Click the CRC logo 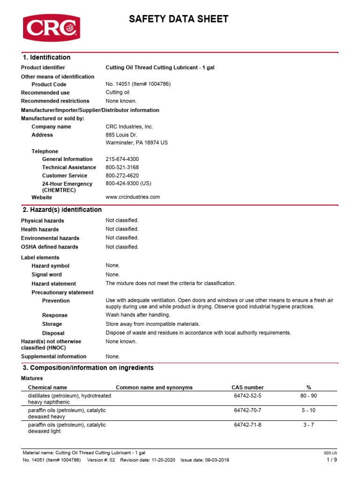click(x=52, y=28)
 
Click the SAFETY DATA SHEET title click(x=179, y=19)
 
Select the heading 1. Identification click(x=46, y=58)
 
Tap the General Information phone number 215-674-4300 click(x=122, y=159)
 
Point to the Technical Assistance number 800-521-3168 click(x=122, y=167)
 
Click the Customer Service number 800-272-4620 click(x=122, y=176)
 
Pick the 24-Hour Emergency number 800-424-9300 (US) click(x=128, y=184)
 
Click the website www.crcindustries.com click(x=133, y=197)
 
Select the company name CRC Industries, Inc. click(x=129, y=127)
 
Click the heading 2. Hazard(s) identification click(x=62, y=210)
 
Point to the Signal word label click(x=46, y=275)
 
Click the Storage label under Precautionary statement click(x=52, y=324)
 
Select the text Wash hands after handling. click(x=138, y=315)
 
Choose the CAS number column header click(x=247, y=388)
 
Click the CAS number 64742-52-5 click(x=247, y=396)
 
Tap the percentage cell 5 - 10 click(x=308, y=411)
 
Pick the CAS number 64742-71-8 click(x=247, y=425)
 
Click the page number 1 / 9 click(x=331, y=460)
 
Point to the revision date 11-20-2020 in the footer click(x=162, y=460)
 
